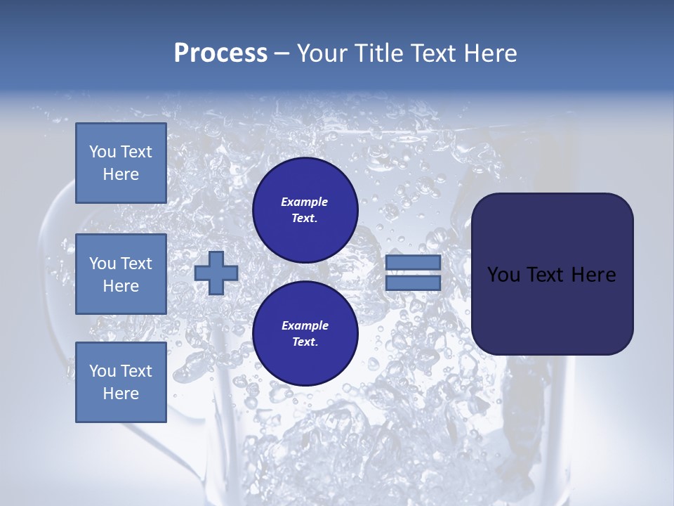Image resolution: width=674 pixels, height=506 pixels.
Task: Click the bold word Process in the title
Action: point(220,53)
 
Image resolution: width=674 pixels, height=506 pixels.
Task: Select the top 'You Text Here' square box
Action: point(121,163)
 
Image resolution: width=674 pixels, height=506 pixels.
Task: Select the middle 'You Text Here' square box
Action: point(121,274)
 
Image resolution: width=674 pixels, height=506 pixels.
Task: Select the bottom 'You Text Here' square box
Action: point(121,382)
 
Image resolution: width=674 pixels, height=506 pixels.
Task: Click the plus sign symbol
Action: point(216,273)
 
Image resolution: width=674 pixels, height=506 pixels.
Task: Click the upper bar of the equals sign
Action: point(413,263)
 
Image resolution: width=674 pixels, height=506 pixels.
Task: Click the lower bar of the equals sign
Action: point(413,283)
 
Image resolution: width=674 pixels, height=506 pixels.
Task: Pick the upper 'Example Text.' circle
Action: point(305,210)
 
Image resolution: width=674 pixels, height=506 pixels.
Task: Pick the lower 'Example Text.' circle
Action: point(305,334)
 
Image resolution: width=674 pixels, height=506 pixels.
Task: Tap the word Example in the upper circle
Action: point(305,202)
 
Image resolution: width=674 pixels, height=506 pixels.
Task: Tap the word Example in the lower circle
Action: point(305,326)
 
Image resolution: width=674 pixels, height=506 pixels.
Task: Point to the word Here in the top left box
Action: point(121,174)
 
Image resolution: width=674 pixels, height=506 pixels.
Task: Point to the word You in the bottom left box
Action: point(103,371)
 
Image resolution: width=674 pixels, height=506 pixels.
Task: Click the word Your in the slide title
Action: point(320,53)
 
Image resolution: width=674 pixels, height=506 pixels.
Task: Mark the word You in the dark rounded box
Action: point(503,275)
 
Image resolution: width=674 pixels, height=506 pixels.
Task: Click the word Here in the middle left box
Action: point(121,286)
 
